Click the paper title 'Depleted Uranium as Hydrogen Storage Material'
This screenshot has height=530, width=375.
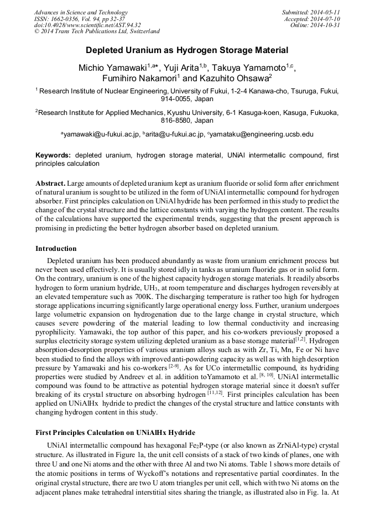click(x=187, y=50)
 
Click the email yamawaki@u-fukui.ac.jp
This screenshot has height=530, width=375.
click(x=101, y=134)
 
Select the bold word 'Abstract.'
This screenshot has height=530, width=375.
click(x=51, y=183)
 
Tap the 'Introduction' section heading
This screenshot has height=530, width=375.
click(x=56, y=249)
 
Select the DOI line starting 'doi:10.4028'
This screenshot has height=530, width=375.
click(x=87, y=25)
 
